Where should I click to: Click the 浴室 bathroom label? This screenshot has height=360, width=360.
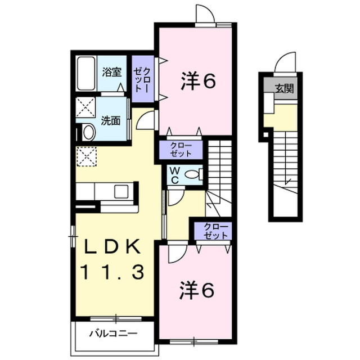[112, 72]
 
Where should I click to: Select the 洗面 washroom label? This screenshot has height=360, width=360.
[110, 120]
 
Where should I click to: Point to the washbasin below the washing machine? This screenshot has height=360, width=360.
[88, 132]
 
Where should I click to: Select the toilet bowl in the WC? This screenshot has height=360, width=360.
[193, 175]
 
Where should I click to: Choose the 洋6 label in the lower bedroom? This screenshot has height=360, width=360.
[197, 291]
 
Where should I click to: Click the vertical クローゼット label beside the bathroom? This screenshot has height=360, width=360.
[142, 79]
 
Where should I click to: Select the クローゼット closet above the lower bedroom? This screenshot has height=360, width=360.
[213, 231]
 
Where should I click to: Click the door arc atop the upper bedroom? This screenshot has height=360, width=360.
[205, 15]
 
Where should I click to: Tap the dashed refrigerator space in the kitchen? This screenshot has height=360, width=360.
[86, 156]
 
